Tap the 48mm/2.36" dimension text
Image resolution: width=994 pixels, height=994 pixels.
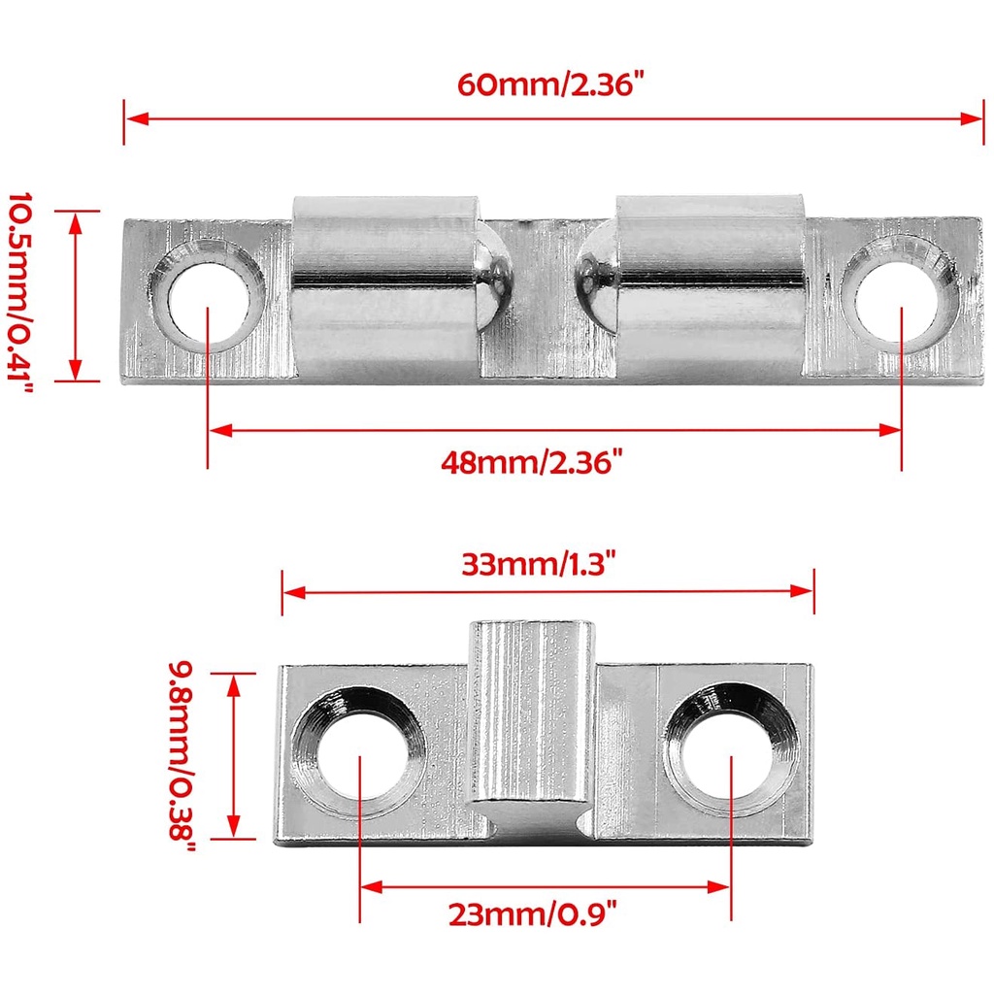point(532,462)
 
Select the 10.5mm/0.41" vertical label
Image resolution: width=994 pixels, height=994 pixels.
point(19,295)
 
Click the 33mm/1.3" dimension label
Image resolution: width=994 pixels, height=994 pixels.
point(538,564)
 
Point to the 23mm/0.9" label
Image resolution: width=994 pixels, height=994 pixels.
point(532,914)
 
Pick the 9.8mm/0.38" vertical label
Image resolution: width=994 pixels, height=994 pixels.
point(182,756)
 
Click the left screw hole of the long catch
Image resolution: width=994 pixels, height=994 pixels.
point(208,297)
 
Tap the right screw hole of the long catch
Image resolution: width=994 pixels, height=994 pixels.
point(899,295)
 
